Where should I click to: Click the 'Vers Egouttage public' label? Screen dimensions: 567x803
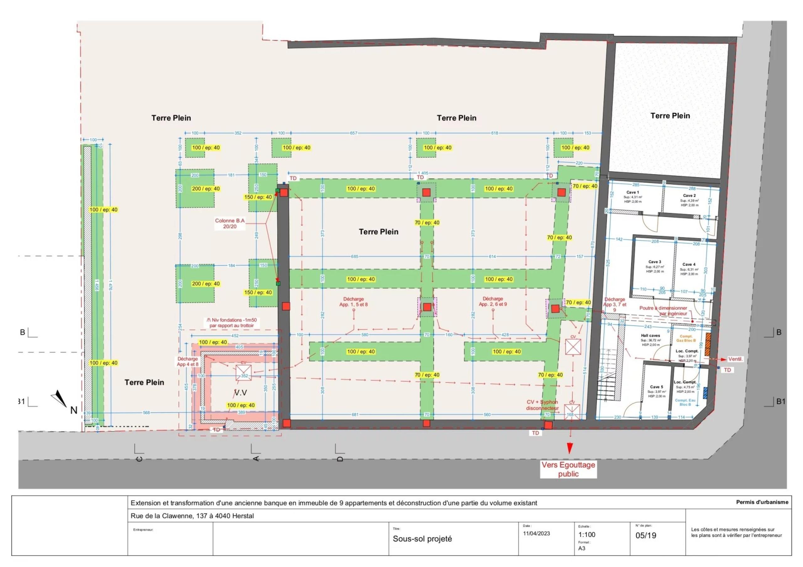point(568,470)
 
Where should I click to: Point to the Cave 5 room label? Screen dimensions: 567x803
point(656,387)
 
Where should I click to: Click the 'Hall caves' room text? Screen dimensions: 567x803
point(650,336)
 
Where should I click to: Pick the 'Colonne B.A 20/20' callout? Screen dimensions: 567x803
point(230,223)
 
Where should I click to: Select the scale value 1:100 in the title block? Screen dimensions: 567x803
point(587,534)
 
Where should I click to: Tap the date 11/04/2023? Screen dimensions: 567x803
point(536,533)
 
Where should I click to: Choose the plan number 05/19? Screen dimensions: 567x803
point(646,535)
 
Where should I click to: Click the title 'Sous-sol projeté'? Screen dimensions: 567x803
point(422,539)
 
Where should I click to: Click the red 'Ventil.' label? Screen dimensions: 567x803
point(735,359)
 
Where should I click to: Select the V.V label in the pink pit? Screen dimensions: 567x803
point(240,393)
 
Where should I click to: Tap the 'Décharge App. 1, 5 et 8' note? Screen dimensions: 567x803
point(353,302)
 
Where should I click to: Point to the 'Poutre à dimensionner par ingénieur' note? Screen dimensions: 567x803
point(663,311)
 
